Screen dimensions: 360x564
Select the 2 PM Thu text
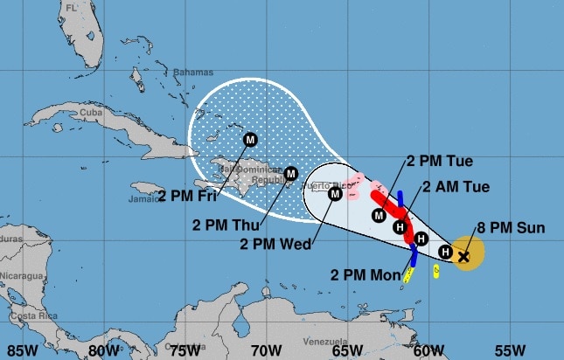219,223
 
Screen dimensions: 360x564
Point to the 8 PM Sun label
511,228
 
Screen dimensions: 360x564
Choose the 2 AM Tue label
456,186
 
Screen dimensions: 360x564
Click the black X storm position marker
463,256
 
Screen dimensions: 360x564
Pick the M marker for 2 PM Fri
250,139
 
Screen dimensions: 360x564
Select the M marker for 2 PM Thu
291,173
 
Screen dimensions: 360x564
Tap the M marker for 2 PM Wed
335,194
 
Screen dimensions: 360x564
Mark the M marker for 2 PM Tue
379,214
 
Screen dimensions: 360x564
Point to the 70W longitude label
265,350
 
